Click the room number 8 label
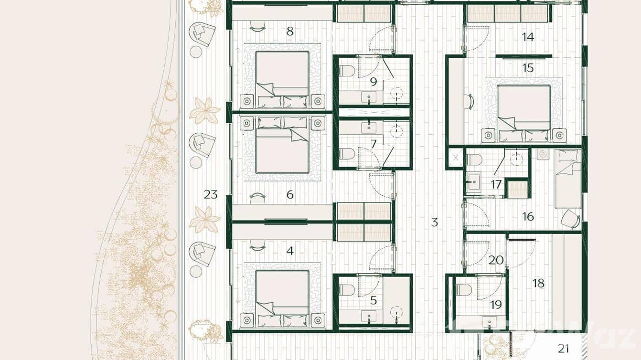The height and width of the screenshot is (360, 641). [x=289, y=32]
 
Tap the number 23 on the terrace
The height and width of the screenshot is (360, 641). [x=211, y=194]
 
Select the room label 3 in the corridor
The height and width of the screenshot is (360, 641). [x=434, y=222]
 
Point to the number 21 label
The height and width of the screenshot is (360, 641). [x=564, y=349]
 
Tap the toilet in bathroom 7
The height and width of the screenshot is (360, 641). [x=347, y=154]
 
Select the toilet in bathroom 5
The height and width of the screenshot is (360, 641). [x=347, y=290]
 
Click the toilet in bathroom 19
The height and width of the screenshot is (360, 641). [x=464, y=290]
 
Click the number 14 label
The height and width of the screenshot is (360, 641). [x=528, y=37]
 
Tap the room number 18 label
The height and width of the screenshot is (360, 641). [x=538, y=283]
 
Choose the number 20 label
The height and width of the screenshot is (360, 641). [x=496, y=260]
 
